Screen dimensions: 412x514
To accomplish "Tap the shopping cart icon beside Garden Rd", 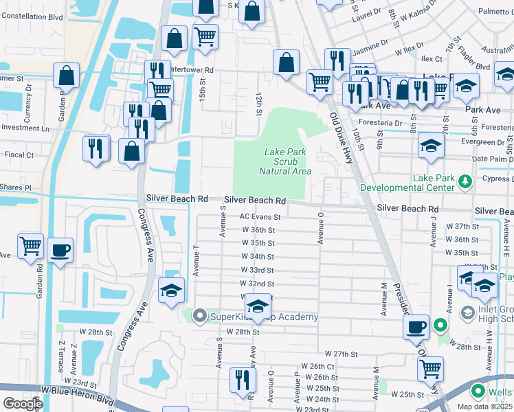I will [30, 247].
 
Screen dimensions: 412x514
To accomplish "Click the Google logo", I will [22, 403].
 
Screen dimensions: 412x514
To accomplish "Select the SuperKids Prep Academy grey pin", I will [200, 317].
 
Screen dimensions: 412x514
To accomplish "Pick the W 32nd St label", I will [257, 284].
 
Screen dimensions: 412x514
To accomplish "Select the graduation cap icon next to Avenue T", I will [171, 290].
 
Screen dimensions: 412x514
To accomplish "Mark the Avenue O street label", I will [320, 227].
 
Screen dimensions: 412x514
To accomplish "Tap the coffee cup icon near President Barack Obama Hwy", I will [415, 328].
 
